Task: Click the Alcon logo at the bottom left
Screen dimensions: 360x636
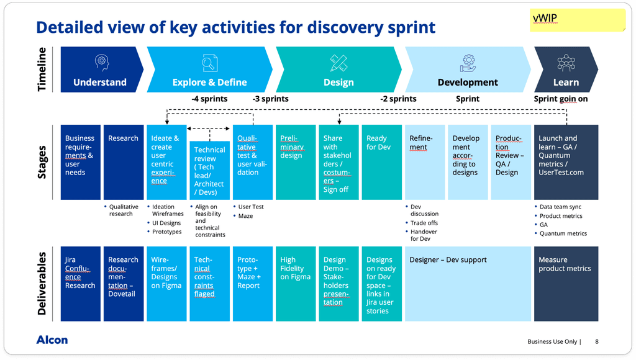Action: pyautogui.click(x=52, y=340)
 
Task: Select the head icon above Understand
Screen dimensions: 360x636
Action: pyautogui.click(x=101, y=62)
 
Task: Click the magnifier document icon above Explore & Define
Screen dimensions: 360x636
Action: pyautogui.click(x=210, y=63)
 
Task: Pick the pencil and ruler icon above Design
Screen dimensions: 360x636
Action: pyautogui.click(x=338, y=62)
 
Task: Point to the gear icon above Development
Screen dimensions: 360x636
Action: pyautogui.click(x=468, y=62)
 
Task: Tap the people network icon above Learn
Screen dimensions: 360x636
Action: pyautogui.click(x=566, y=62)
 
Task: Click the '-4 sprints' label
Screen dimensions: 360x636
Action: pyautogui.click(x=209, y=99)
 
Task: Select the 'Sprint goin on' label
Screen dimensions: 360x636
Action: pyautogui.click(x=561, y=99)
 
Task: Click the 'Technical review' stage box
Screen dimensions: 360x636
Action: pyautogui.click(x=209, y=170)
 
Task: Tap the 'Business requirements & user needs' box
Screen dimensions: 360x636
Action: pyautogui.click(x=80, y=162)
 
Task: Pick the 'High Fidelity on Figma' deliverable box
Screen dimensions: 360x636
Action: pyautogui.click(x=296, y=284)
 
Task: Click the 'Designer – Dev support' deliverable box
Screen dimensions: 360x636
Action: pyautogui.click(x=468, y=284)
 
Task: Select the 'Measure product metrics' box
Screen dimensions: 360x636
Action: pyautogui.click(x=566, y=284)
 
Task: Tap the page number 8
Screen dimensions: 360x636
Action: pyautogui.click(x=597, y=341)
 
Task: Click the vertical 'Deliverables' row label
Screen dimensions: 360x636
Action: pyautogui.click(x=43, y=283)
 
